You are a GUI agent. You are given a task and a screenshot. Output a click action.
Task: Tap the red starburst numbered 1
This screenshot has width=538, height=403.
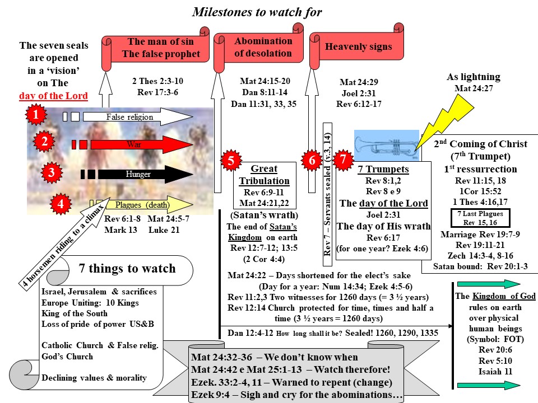tap(36, 116)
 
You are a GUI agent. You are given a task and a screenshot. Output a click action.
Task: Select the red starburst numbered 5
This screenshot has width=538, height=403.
tap(230, 160)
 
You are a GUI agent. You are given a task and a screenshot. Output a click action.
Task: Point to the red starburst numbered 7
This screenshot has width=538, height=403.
tap(343, 160)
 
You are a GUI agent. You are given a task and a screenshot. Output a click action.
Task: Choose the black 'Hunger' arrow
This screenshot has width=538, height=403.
tap(140, 174)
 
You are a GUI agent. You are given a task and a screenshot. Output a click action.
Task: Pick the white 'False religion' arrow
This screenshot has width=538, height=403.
tap(140, 117)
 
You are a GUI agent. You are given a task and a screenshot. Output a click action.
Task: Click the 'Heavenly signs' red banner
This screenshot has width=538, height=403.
tap(359, 46)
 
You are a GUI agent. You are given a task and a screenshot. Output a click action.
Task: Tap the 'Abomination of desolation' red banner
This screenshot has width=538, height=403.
tap(263, 47)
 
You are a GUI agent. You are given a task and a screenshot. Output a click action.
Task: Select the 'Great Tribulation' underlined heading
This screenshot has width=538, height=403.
tap(264, 175)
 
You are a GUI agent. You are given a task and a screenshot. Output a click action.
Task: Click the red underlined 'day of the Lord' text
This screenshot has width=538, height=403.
tap(53, 96)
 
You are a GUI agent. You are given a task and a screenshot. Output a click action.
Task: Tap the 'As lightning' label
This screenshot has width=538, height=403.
tap(474, 77)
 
